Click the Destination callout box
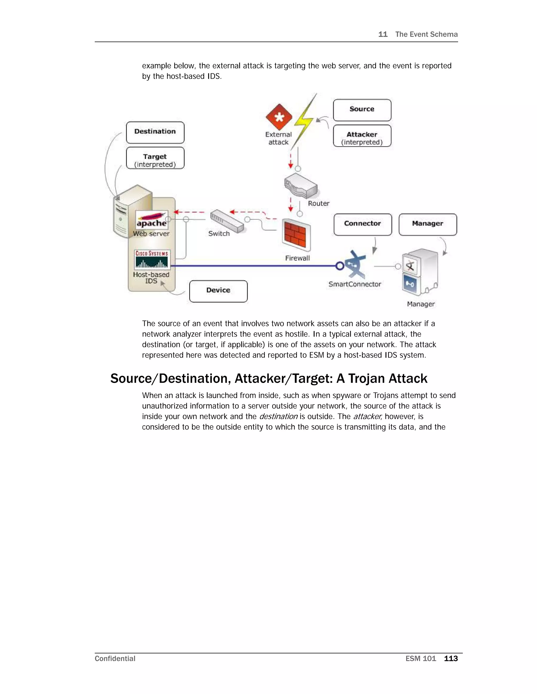(x=155, y=132)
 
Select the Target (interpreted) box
(x=155, y=158)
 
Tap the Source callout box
(x=362, y=110)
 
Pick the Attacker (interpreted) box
(x=362, y=136)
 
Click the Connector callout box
(x=363, y=224)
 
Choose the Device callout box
(x=218, y=291)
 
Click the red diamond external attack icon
(x=279, y=117)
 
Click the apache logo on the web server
(x=152, y=219)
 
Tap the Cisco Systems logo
(x=152, y=260)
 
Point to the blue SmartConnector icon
(x=355, y=265)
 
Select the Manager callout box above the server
(x=428, y=224)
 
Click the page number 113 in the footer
(x=451, y=658)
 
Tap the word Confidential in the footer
(x=115, y=658)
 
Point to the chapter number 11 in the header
(x=383, y=34)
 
